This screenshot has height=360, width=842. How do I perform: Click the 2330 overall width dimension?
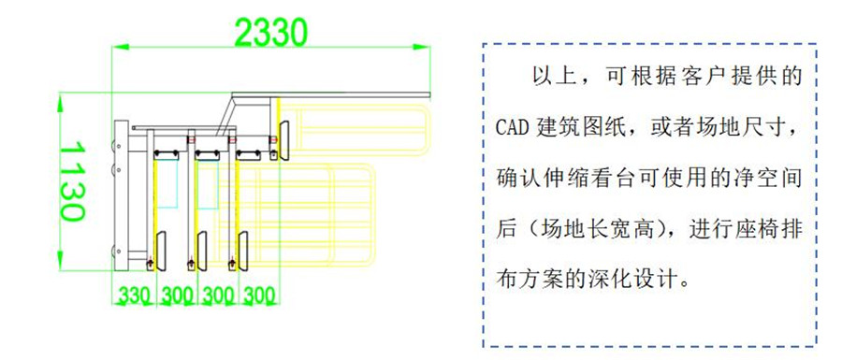(271, 32)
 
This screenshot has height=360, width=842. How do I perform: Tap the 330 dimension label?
(134, 296)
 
